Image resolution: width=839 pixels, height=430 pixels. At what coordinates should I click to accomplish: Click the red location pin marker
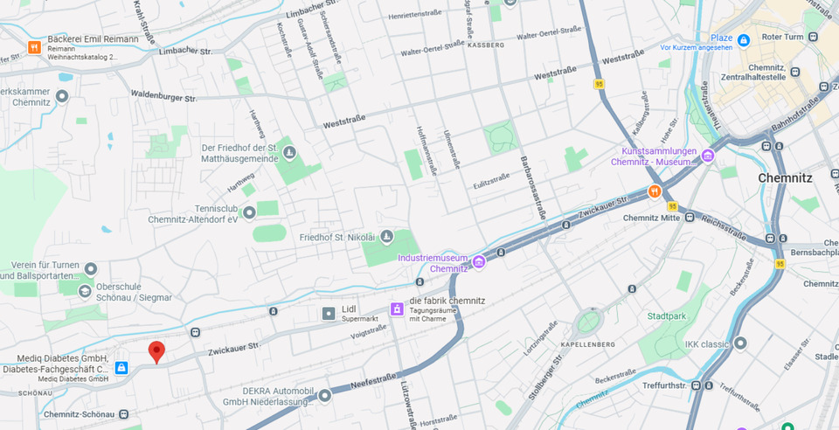156,351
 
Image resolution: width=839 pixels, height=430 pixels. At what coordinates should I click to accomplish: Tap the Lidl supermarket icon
328,313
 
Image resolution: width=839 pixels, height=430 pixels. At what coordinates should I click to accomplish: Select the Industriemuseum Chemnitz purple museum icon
478,262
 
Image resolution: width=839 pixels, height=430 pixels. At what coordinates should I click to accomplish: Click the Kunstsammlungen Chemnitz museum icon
707,156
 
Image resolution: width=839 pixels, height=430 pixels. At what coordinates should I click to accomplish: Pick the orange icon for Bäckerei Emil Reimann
34,47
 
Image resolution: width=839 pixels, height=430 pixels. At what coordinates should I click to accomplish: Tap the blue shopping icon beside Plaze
743,39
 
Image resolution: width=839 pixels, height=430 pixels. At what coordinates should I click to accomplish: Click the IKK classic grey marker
741,343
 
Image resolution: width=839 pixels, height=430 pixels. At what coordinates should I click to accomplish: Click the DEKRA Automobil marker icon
324,395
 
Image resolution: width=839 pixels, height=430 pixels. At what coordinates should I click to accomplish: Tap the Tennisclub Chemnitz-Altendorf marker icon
249,212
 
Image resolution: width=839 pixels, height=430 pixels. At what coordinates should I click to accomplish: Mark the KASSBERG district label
486,44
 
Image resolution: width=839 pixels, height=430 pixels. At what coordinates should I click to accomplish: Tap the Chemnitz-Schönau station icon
124,414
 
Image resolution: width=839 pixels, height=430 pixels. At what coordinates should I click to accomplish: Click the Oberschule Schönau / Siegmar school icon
85,291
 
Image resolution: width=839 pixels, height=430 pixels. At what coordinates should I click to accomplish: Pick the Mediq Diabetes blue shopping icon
121,368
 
